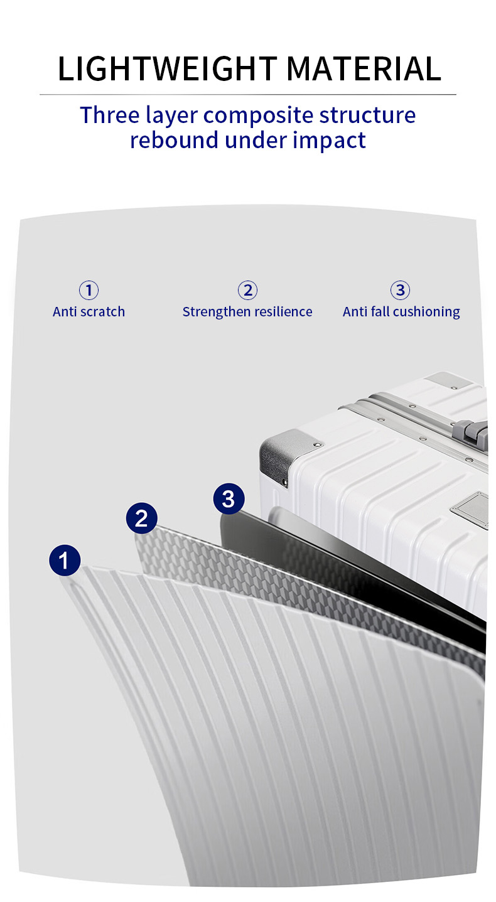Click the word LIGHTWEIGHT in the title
pyautogui.click(x=167, y=69)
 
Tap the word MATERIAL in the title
pyautogui.click(x=364, y=69)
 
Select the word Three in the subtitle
pyautogui.click(x=110, y=115)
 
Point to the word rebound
pyautogui.click(x=174, y=140)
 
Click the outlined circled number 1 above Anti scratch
pyautogui.click(x=89, y=290)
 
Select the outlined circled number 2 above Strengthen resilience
pyautogui.click(x=247, y=290)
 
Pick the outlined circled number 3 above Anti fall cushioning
pyautogui.click(x=400, y=290)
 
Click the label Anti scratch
pyautogui.click(x=89, y=312)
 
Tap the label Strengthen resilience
pyautogui.click(x=247, y=312)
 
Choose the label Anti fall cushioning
pyautogui.click(x=401, y=312)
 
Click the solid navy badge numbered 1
pyautogui.click(x=65, y=560)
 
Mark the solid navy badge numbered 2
pyautogui.click(x=141, y=518)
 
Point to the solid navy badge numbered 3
pyautogui.click(x=229, y=498)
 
